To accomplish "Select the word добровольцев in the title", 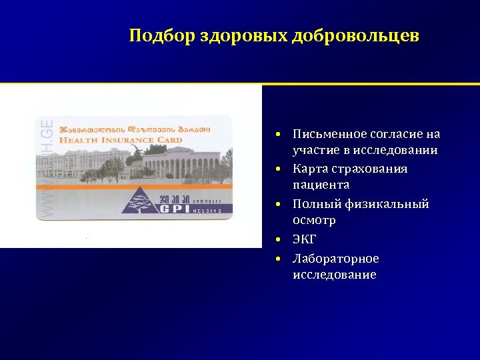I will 355,35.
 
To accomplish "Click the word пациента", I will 321,185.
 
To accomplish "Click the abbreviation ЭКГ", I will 305,239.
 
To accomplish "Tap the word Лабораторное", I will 335,259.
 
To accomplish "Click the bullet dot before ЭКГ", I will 283,239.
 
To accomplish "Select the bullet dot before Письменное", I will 283,135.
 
